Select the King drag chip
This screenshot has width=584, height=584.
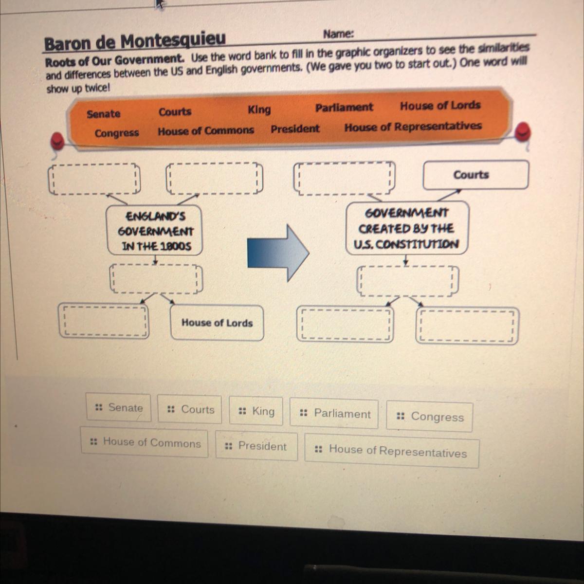[x=256, y=412]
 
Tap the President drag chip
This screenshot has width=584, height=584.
[x=256, y=446]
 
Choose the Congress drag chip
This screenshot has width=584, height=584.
[x=429, y=417]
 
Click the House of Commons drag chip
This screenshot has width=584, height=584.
[x=145, y=442]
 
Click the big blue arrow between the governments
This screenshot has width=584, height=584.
[x=278, y=252]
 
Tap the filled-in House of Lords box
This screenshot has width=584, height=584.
[x=217, y=323]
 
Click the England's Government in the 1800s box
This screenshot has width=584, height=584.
[x=155, y=231]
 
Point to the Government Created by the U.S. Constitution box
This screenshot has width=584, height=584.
[x=407, y=228]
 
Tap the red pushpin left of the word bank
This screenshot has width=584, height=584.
[x=57, y=141]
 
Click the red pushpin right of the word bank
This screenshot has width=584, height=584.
[x=523, y=131]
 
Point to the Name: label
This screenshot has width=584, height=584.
[x=338, y=34]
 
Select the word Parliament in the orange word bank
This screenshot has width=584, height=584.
[x=344, y=108]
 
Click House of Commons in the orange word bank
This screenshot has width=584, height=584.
[x=205, y=131]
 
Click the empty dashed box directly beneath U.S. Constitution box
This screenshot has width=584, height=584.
[x=407, y=281]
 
